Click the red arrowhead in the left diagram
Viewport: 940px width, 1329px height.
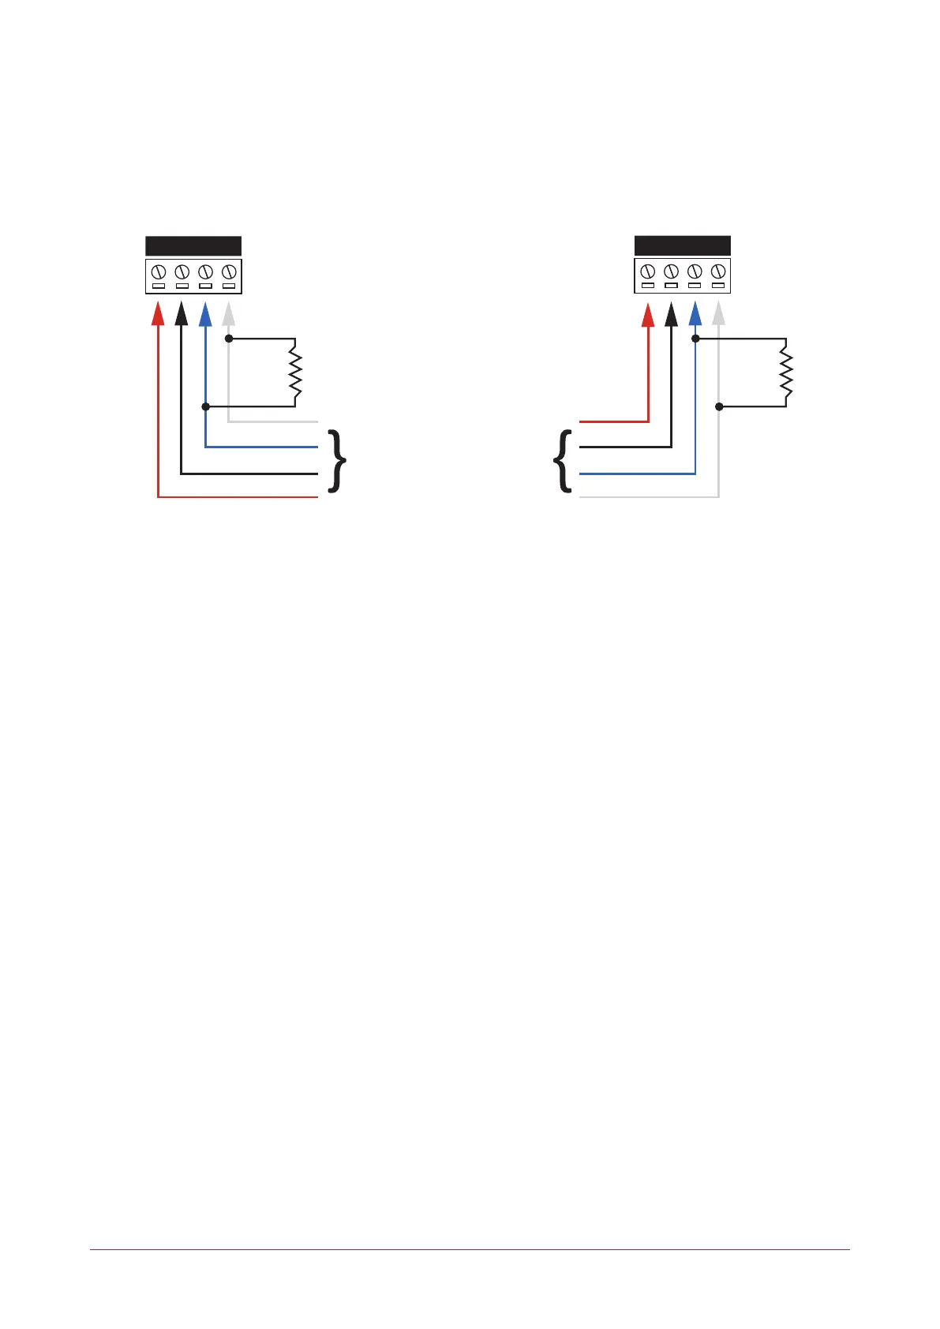point(158,315)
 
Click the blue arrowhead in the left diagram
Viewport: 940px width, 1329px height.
point(205,315)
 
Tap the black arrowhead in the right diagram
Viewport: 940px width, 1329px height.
point(672,315)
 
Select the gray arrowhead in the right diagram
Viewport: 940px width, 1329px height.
point(718,315)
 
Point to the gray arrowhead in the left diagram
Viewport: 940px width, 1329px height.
point(229,315)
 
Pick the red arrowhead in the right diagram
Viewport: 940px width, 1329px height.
point(648,315)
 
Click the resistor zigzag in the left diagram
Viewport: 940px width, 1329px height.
point(295,373)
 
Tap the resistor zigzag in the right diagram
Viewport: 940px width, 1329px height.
point(786,373)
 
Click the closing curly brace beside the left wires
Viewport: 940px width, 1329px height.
point(337,461)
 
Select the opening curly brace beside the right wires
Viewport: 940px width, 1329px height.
point(563,461)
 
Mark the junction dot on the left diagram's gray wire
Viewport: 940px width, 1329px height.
point(229,339)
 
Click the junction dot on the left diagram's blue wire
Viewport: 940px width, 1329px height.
point(205,406)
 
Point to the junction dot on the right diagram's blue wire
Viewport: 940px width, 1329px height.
point(695,339)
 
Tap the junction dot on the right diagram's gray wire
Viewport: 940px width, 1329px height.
point(719,406)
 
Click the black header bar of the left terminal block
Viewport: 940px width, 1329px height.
point(193,245)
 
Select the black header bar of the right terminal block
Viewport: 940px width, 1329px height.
point(683,245)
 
